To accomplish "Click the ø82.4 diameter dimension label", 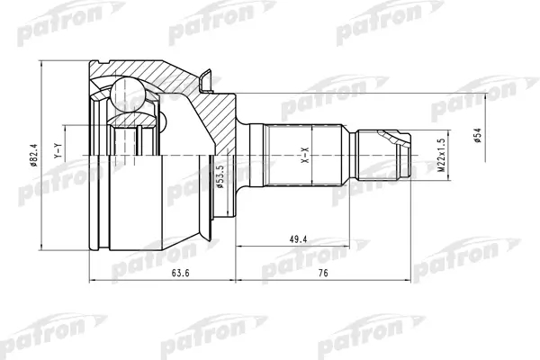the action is [x=34, y=155].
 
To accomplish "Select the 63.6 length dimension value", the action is [x=181, y=274].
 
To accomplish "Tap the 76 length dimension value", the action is [x=323, y=274].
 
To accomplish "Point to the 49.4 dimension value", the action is [x=298, y=239].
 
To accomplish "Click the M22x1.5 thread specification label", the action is [x=441, y=155].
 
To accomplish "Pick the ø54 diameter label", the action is [x=477, y=135].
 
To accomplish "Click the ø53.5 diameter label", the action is [x=220, y=176].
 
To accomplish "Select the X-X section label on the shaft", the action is [x=306, y=155].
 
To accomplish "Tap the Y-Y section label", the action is [x=58, y=151].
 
